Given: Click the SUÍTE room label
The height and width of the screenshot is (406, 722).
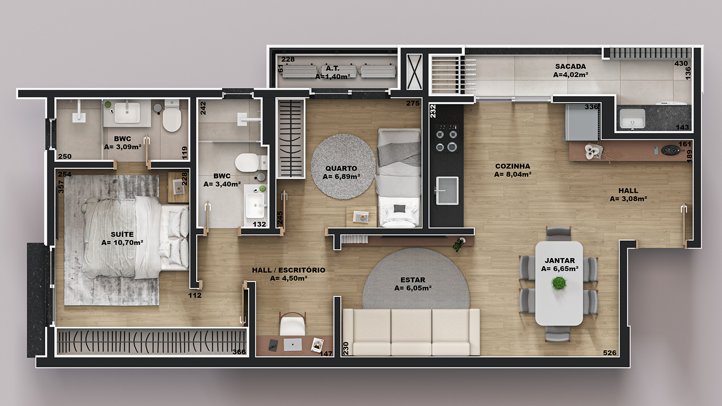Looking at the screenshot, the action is click(122, 234).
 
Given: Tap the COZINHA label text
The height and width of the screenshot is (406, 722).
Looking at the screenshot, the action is click(513, 166).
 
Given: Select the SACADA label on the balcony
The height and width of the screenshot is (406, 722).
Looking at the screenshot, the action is click(570, 66).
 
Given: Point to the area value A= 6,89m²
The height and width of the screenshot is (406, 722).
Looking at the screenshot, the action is click(341, 176).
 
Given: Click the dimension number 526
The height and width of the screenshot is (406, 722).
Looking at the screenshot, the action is click(610, 353).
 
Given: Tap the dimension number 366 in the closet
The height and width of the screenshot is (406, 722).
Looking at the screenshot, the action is click(239, 352).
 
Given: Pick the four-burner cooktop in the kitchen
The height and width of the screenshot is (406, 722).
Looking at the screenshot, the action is click(446, 138).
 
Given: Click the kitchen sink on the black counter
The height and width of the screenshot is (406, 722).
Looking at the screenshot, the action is click(447, 190).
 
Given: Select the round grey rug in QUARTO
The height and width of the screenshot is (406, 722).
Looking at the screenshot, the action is click(343, 166).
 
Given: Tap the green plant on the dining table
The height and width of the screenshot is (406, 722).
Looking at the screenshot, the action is click(559, 283).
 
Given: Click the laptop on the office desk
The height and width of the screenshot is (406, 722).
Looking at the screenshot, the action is click(293, 345).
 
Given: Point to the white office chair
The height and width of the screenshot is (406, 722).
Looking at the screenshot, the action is click(292, 324).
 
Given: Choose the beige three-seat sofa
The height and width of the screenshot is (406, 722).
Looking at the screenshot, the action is click(411, 332).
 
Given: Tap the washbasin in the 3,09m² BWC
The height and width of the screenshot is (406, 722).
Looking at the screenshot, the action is click(127, 112).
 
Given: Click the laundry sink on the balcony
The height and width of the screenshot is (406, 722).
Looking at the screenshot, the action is click(632, 119).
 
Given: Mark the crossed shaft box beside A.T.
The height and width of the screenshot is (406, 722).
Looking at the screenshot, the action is click(414, 72).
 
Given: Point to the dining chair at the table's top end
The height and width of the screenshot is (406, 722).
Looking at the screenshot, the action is click(559, 233).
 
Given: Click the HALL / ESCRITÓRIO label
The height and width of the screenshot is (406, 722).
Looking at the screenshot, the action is click(288, 270).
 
